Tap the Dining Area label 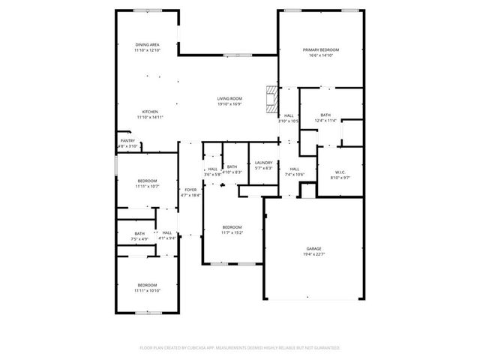[x=147, y=45]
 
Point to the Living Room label [x=229, y=99]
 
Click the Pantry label [x=127, y=140]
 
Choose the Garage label [x=313, y=248]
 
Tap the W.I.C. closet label [x=340, y=172]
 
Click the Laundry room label [x=262, y=163]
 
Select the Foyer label [x=191, y=190]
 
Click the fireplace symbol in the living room [x=271, y=97]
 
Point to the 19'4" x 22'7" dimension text [x=313, y=254]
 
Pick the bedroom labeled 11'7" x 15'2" [x=232, y=227]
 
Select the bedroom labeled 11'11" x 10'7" [x=147, y=181]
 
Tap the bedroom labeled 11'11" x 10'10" [x=147, y=285]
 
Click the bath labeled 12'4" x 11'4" [x=325, y=115]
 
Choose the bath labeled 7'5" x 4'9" [x=139, y=233]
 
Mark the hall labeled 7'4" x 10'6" [x=294, y=169]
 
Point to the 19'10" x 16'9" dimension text [x=229, y=105]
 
